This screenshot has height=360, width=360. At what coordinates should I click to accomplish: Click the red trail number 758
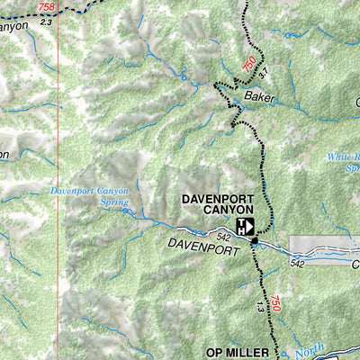(x=46, y=7)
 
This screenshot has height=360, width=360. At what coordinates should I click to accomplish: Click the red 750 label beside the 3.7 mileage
(x=249, y=64)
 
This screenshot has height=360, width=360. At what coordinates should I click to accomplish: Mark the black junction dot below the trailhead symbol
(x=255, y=240)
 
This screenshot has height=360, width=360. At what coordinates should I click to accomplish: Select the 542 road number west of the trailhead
(x=222, y=235)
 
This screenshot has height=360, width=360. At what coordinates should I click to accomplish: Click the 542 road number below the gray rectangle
(x=299, y=262)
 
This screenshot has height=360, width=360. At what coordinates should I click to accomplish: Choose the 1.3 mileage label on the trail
(x=260, y=309)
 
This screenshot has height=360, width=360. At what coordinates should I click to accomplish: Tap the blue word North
(x=312, y=346)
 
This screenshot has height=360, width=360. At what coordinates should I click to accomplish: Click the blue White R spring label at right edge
(x=343, y=162)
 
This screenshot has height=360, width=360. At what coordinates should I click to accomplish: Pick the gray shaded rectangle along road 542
(x=324, y=244)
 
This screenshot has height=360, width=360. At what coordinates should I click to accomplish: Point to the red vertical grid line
(x=58, y=180)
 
